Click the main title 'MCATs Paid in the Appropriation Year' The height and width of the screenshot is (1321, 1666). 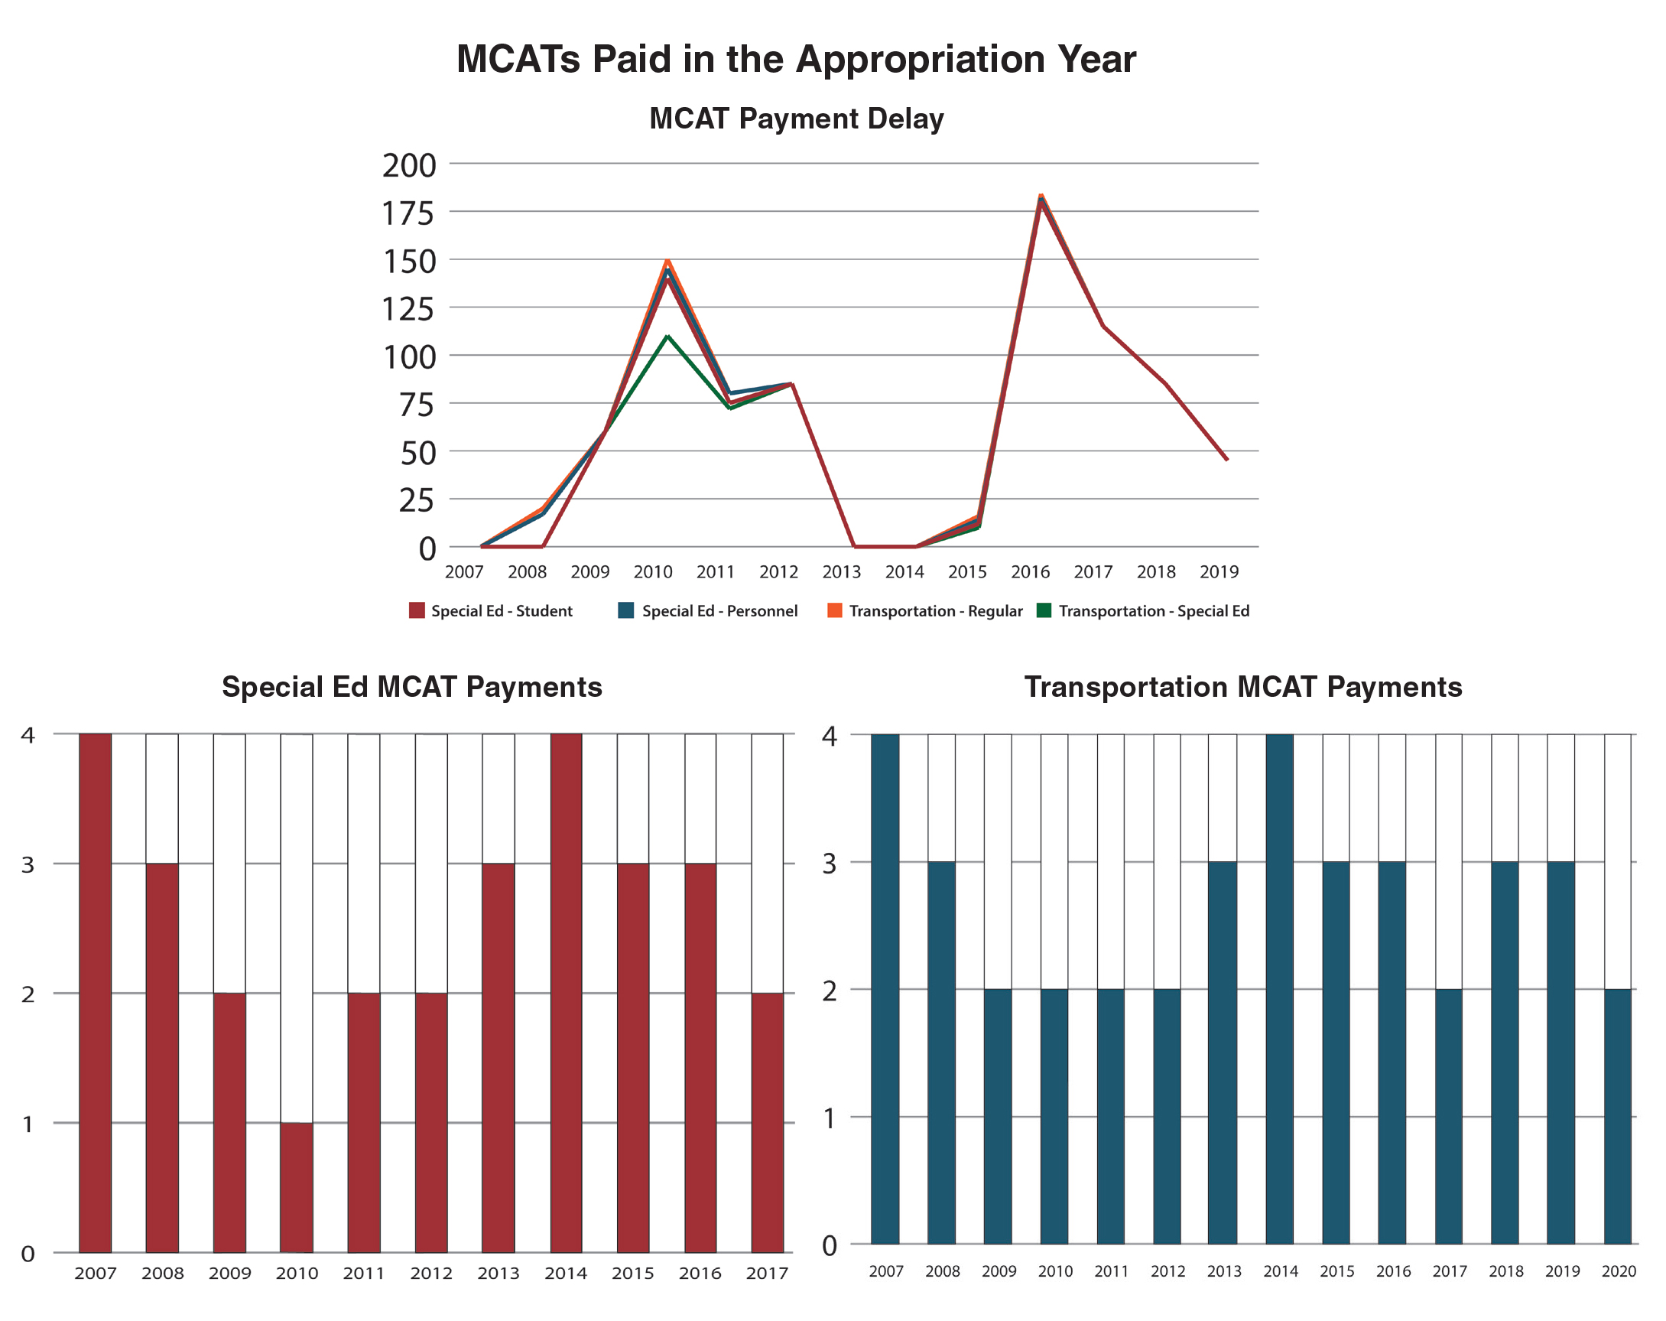(x=796, y=59)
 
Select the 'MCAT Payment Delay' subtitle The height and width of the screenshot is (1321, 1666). (x=796, y=119)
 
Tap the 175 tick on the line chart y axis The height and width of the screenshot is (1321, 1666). (x=409, y=213)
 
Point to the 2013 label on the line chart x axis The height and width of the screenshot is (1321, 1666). (x=842, y=572)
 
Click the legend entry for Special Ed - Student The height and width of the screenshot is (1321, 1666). (x=492, y=610)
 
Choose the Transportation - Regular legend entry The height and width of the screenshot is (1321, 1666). (x=925, y=610)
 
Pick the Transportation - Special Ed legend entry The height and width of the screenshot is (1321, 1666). (x=1143, y=610)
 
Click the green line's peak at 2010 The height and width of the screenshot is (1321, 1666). (x=667, y=337)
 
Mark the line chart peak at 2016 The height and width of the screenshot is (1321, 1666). (x=1041, y=198)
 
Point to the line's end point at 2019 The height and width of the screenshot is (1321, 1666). (x=1226, y=460)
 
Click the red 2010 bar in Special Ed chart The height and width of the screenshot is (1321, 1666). (x=297, y=1187)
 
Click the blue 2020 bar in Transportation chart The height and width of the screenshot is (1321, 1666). (x=1617, y=1116)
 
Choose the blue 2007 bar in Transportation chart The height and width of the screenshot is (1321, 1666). (x=885, y=989)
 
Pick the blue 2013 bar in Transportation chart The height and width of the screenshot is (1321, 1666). (x=1223, y=1053)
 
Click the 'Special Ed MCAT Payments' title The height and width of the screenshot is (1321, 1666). (x=412, y=687)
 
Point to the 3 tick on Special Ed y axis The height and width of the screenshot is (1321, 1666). (x=28, y=864)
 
